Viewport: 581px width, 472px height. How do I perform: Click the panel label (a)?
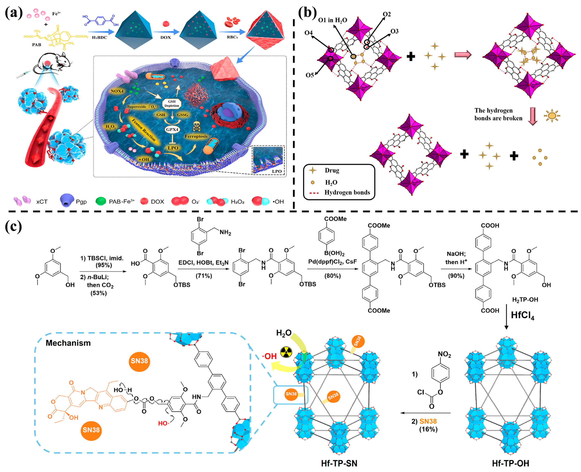click(14, 13)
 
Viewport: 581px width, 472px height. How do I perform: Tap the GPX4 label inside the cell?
click(172, 129)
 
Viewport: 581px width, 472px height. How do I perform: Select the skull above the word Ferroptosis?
click(196, 126)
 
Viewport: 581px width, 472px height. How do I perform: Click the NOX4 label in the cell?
click(117, 91)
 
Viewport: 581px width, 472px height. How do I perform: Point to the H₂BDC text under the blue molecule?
click(99, 38)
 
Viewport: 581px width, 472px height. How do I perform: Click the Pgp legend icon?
click(67, 200)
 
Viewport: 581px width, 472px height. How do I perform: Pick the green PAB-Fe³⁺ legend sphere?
click(101, 201)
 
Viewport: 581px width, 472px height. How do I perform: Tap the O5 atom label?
click(310, 75)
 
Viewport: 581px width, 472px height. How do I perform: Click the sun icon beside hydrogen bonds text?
click(552, 116)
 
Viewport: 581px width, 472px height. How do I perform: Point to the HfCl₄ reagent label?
click(522, 315)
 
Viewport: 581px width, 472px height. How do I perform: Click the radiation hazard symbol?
click(286, 352)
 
